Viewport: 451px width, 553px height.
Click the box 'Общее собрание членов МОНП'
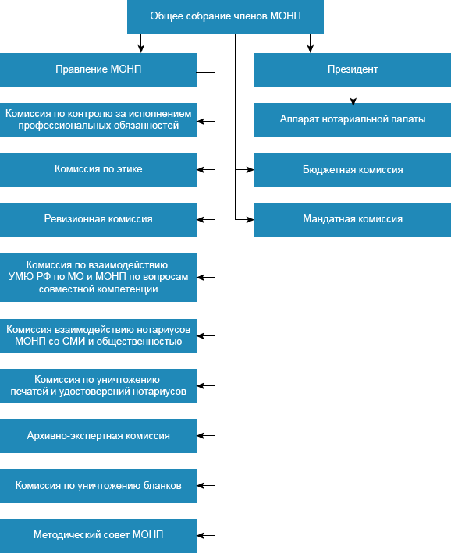coord(225,17)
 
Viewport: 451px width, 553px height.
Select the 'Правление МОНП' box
coord(98,70)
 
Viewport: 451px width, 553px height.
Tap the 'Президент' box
coord(353,70)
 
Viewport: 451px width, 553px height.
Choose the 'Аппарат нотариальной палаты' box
coord(353,120)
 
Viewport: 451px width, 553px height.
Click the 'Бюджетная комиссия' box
coord(353,169)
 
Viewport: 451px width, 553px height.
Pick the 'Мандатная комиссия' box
coord(353,220)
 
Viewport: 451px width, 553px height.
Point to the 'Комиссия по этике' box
coord(98,169)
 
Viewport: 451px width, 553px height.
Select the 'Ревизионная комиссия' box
coord(98,220)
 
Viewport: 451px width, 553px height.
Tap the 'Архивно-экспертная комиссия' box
coord(98,436)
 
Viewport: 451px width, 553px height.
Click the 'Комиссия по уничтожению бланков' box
coord(98,486)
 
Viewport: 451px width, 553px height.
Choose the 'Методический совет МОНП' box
coord(98,536)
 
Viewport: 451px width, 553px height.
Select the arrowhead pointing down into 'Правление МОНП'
coord(140,49)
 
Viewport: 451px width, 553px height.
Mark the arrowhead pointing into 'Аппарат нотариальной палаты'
coord(353,101)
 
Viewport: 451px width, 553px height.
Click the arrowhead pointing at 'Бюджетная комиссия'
coord(250,170)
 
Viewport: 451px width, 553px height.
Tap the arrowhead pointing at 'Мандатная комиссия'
coord(250,220)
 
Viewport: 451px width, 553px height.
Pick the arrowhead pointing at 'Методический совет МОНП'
coord(201,535)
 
